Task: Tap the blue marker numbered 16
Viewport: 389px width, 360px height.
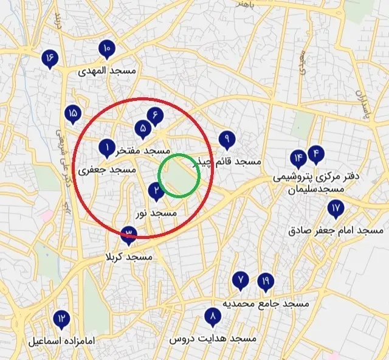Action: [x=49, y=58]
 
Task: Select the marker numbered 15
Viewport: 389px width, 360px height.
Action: [x=73, y=114]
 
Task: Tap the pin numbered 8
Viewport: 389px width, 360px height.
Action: [x=212, y=317]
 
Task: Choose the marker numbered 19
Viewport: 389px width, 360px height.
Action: [x=265, y=282]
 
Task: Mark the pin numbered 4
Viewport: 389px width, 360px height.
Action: [x=315, y=154]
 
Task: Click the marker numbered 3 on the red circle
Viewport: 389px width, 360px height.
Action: [x=128, y=234]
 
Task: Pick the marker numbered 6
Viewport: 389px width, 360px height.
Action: [x=156, y=114]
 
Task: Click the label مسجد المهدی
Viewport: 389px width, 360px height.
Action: [x=108, y=71]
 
